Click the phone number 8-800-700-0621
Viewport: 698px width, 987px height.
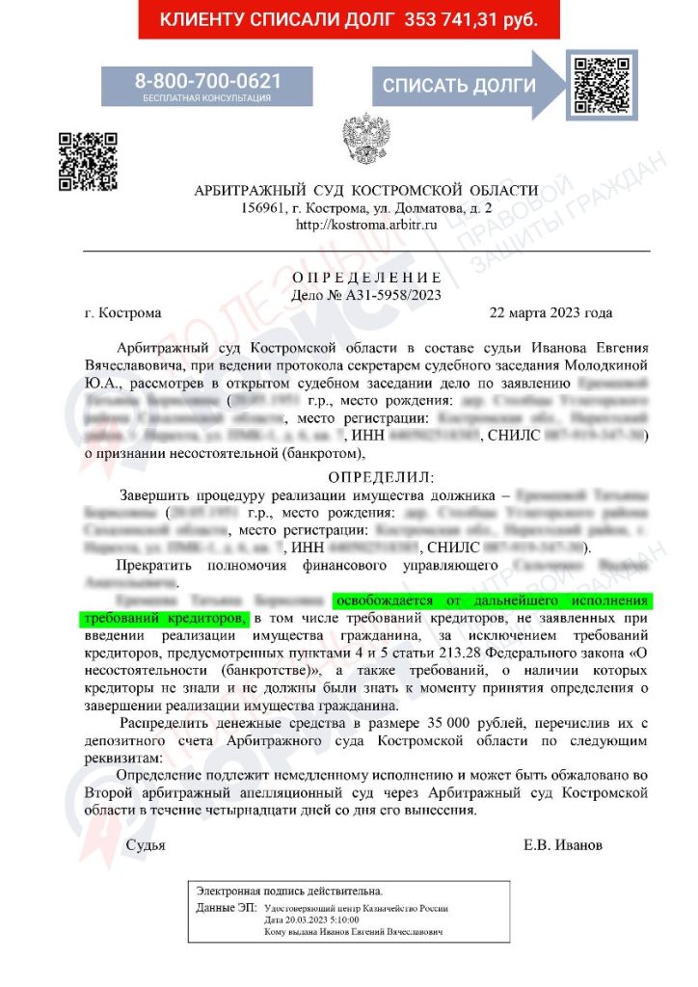click(207, 80)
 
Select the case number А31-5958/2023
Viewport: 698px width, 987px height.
click(390, 295)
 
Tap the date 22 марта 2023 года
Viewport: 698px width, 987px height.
click(550, 313)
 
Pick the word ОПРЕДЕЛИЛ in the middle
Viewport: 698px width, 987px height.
click(382, 477)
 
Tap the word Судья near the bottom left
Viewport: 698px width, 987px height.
click(146, 845)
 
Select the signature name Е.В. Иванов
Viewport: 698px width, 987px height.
click(563, 845)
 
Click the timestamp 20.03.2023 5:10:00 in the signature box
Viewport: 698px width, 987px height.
click(326, 920)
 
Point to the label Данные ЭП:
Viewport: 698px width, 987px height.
click(227, 908)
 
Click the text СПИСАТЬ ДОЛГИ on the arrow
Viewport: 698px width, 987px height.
click(459, 86)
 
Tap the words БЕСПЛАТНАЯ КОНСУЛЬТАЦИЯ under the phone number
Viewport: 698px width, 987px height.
click(207, 98)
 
